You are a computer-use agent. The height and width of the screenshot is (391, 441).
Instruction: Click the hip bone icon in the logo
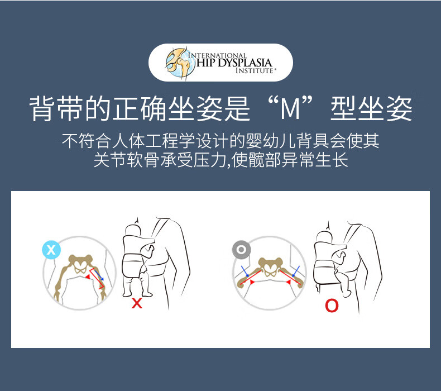(180, 63)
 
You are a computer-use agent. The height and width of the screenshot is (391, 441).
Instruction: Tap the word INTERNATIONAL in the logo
(217, 55)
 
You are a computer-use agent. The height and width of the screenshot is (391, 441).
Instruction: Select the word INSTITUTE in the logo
(254, 70)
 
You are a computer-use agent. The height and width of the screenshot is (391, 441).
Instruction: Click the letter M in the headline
(290, 109)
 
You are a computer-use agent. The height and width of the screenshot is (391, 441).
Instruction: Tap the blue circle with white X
(51, 250)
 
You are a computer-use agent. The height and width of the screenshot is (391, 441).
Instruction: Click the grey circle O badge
(241, 250)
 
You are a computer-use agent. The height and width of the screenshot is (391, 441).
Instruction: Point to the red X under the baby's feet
(137, 303)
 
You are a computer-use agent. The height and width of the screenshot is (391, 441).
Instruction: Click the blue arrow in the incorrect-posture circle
(99, 275)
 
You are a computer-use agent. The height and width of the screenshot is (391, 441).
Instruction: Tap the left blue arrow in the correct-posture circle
(245, 271)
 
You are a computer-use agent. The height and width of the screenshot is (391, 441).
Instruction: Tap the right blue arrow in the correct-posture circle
(296, 271)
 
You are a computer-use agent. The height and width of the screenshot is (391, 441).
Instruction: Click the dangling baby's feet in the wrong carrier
(138, 294)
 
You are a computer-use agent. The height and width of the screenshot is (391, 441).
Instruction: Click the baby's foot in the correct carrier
(347, 293)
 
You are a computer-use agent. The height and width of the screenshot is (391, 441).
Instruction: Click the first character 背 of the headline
(42, 109)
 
